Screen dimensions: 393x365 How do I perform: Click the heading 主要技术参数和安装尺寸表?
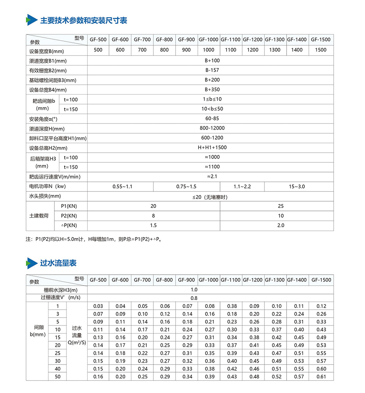84,20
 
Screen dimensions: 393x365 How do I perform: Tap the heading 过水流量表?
58,263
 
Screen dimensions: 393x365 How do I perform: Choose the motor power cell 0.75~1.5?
186,187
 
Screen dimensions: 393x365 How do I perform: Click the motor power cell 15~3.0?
297,187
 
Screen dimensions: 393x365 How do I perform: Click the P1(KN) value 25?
280,206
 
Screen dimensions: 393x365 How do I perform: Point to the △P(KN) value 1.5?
153,225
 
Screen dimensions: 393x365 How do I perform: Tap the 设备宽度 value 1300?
275,50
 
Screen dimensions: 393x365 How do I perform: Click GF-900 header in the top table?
186,40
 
